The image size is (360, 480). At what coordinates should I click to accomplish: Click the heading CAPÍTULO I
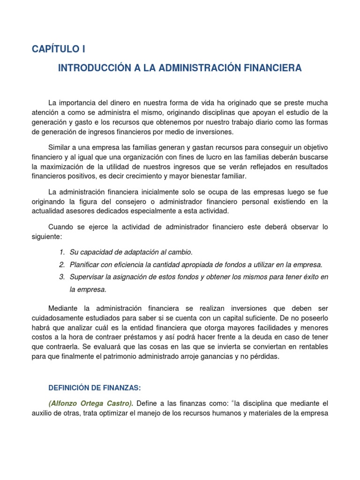pyautogui.click(x=59, y=49)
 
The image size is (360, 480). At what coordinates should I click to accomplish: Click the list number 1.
pyautogui.click(x=62, y=253)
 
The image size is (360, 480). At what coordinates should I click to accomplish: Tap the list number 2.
pyautogui.click(x=62, y=265)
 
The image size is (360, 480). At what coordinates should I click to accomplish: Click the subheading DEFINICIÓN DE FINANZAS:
pyautogui.click(x=95, y=388)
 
